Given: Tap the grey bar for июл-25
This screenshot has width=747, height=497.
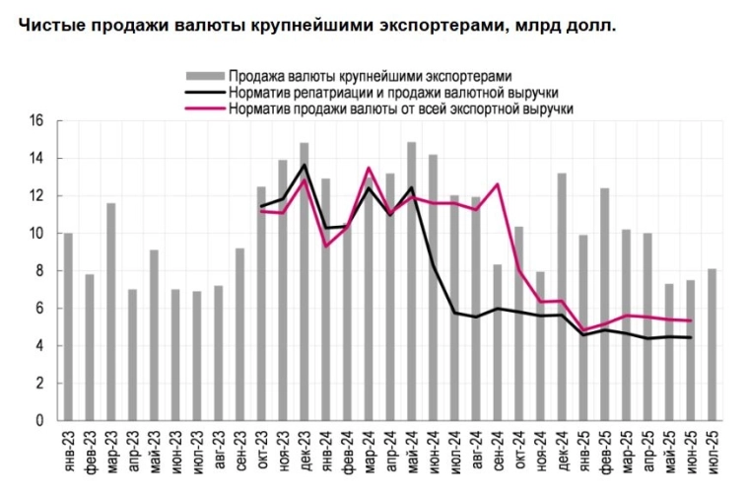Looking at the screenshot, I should tap(713, 344).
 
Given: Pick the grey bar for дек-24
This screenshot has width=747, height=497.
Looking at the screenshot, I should tap(562, 297).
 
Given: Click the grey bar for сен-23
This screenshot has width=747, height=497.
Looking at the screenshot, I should tap(239, 334).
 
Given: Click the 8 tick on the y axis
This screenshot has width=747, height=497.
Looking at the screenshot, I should tap(40, 271).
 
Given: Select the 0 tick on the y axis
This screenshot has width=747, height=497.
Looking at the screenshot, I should tap(40, 421).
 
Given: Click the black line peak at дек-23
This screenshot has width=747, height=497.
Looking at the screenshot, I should tap(305, 165).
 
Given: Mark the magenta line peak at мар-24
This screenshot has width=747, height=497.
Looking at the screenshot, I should tap(369, 169).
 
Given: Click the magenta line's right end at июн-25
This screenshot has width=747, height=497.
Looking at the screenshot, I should tap(691, 320).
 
